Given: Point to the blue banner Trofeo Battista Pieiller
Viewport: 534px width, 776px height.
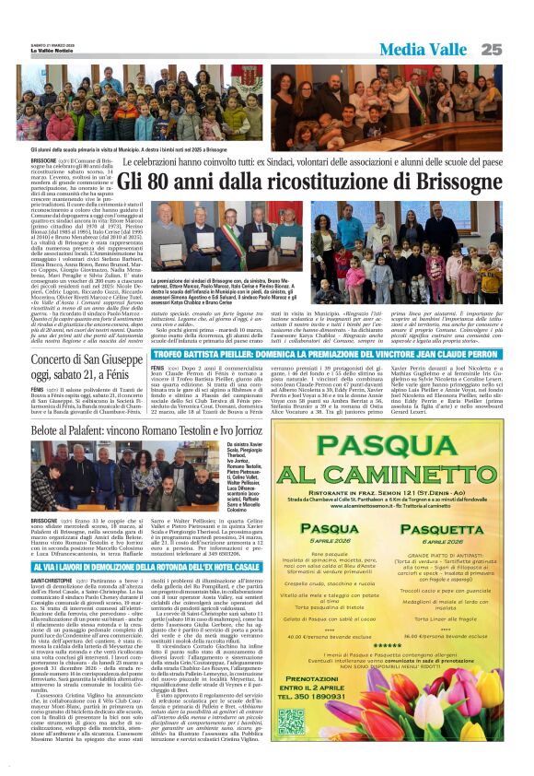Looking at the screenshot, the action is click(329, 353).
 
